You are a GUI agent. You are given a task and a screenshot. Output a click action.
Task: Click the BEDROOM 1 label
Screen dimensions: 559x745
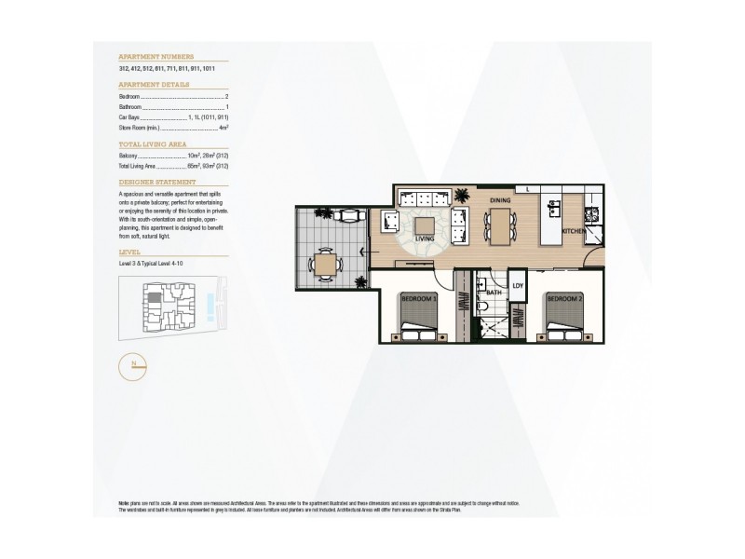point(418,299)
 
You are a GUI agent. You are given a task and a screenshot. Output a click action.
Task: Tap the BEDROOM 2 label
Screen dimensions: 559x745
point(564,299)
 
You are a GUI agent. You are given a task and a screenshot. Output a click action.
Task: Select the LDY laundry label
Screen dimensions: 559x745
point(518,286)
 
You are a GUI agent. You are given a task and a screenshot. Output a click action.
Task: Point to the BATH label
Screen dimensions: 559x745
point(494,292)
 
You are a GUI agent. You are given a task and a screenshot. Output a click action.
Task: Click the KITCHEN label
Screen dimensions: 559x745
point(573,230)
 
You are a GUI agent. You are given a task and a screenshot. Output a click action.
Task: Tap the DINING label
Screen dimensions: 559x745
point(500,199)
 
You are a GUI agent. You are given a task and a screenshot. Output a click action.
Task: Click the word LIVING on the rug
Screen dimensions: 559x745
point(426,239)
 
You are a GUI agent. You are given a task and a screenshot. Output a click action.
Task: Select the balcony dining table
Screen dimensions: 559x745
point(326,266)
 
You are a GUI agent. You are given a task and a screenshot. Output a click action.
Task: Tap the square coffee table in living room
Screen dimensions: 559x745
point(425,225)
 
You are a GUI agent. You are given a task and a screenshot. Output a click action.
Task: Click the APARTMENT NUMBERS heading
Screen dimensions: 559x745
point(156,56)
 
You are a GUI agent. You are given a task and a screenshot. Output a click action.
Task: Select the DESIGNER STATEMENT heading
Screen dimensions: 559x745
point(157,183)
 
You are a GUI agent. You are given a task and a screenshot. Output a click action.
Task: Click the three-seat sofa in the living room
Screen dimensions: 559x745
point(420,198)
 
